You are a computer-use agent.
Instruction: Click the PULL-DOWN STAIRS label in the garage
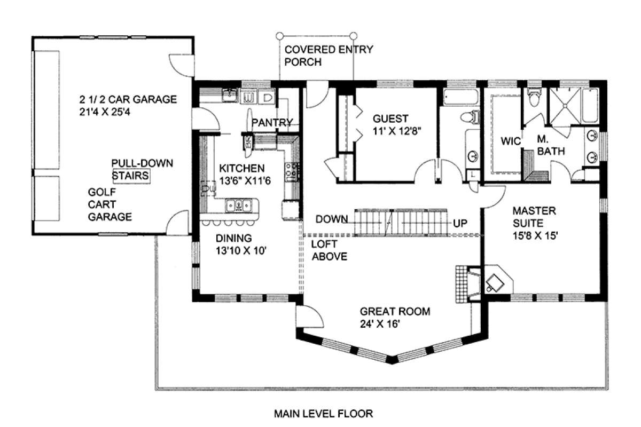coord(131,169)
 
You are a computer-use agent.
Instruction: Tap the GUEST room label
coord(390,119)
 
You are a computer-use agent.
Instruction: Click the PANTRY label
coord(272,122)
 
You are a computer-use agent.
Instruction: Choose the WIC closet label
coord(510,141)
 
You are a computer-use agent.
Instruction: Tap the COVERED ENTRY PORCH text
coord(329,56)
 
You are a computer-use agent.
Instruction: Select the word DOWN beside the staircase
coord(332,219)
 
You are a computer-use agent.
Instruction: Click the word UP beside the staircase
coord(460,221)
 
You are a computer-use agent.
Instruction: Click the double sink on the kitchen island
coord(237,203)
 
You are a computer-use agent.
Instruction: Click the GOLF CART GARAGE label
coord(110,204)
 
